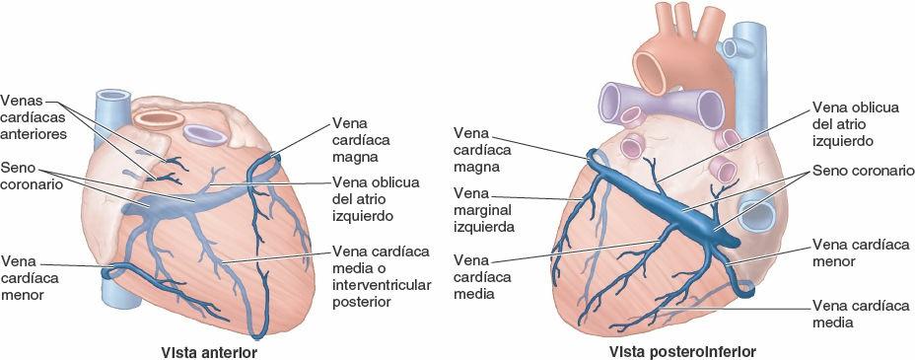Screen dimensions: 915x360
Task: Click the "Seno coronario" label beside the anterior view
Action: point(32,175)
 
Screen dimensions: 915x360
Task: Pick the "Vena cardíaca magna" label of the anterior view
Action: point(357,139)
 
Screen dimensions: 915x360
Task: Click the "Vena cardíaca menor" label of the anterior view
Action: point(31,277)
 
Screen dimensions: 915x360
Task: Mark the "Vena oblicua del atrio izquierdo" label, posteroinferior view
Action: point(854,124)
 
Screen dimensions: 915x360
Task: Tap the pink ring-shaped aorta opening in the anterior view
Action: point(159,118)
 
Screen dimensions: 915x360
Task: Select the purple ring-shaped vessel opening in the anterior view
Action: point(203,132)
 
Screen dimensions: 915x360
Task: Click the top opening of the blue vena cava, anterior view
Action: point(109,97)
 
